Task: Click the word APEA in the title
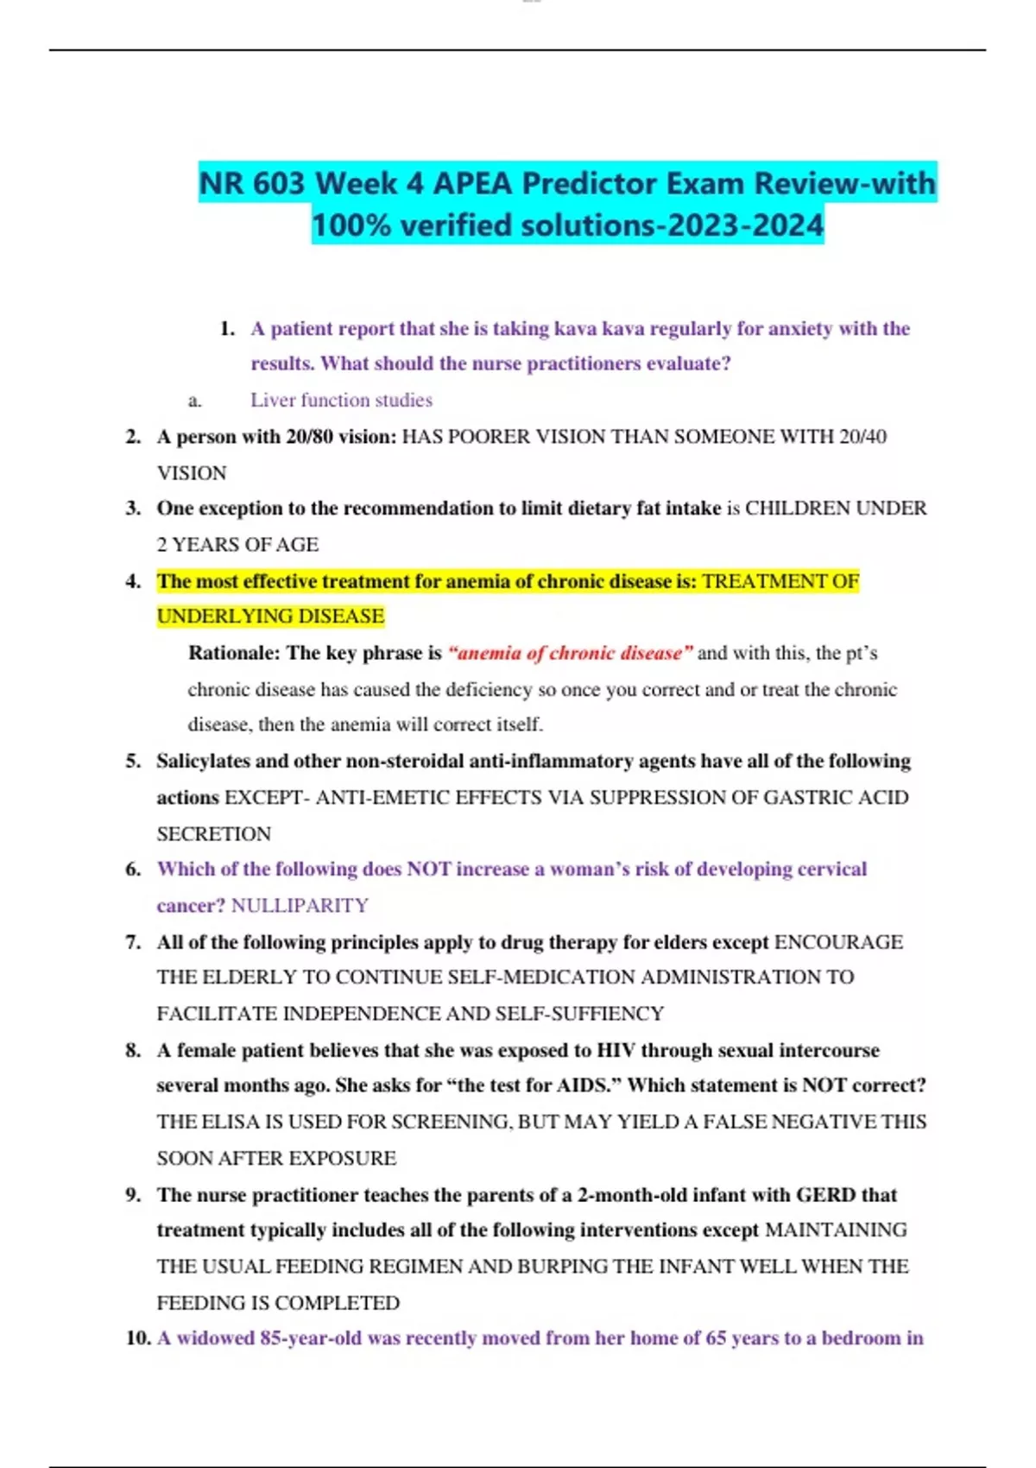(x=473, y=183)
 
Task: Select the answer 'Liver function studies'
(x=341, y=400)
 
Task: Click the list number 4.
(x=133, y=581)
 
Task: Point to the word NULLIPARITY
(x=300, y=905)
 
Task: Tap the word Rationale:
(x=234, y=653)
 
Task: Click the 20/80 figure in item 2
(x=309, y=437)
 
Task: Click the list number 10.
(x=138, y=1338)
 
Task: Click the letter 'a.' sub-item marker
(x=195, y=400)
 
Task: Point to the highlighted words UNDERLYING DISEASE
(x=270, y=617)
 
